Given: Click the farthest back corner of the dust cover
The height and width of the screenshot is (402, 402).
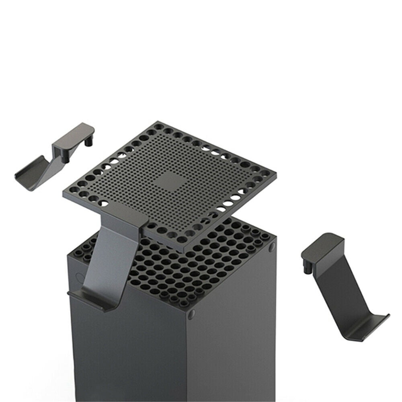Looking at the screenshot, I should tap(158, 122).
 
